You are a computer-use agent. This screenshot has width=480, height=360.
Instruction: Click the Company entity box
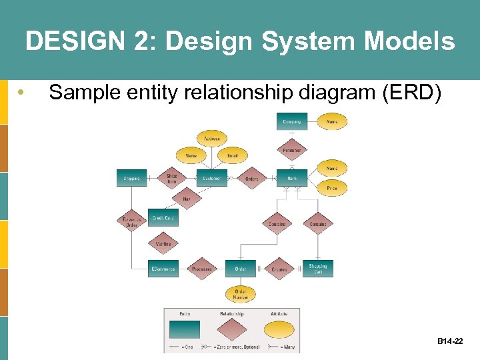point(292,122)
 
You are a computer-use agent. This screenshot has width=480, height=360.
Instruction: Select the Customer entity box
point(211,178)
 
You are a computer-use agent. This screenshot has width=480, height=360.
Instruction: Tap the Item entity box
point(292,178)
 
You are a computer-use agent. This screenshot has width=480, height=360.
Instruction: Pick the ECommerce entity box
point(163,269)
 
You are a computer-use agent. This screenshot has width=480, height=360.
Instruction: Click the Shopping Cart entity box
point(318,269)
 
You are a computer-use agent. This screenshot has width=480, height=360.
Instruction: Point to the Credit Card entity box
point(163,218)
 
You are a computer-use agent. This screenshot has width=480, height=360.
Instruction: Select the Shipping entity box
point(131,178)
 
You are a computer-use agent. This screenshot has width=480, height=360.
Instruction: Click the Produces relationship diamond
point(291,150)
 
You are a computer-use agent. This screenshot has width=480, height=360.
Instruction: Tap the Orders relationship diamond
point(251,178)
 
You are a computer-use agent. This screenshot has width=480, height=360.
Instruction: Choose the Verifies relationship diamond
point(163,244)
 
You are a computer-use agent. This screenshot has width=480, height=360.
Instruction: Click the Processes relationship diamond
point(201,269)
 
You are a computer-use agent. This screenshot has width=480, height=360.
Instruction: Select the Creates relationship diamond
point(279,269)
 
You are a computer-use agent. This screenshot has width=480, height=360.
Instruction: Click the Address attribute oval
point(211,139)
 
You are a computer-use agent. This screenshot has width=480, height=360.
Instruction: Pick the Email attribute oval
point(232,155)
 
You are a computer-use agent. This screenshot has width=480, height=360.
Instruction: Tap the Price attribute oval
point(331,189)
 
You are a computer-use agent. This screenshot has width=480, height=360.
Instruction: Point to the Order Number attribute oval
point(241,293)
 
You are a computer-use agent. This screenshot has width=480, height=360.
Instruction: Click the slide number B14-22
point(450,341)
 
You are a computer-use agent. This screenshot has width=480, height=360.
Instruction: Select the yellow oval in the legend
point(279,330)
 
